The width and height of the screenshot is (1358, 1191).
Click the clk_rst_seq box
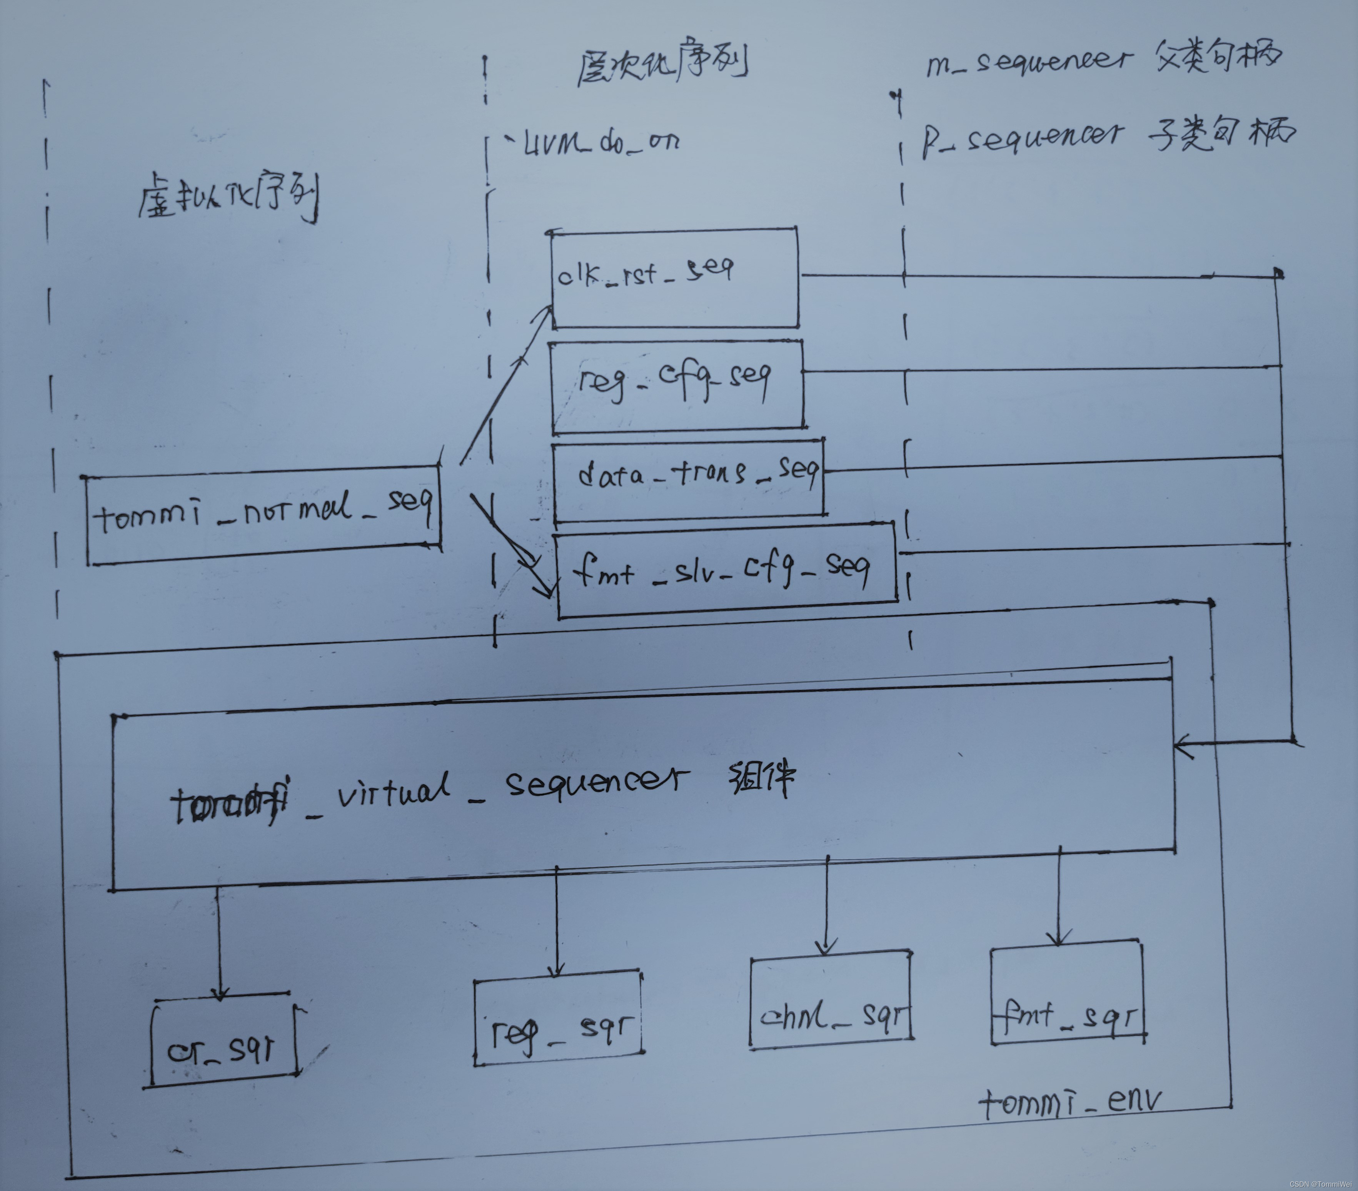[x=674, y=278]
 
